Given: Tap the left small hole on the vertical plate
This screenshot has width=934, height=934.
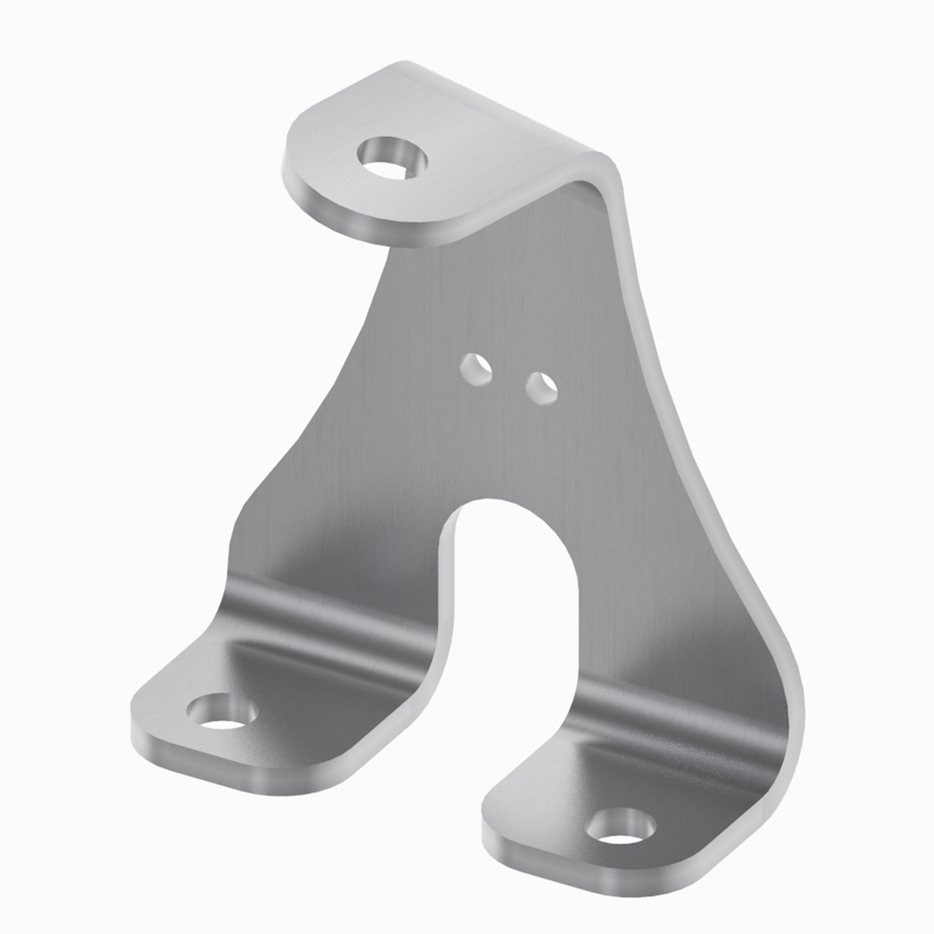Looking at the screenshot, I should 476,370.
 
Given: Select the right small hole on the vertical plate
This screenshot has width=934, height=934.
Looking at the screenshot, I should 541,387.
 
